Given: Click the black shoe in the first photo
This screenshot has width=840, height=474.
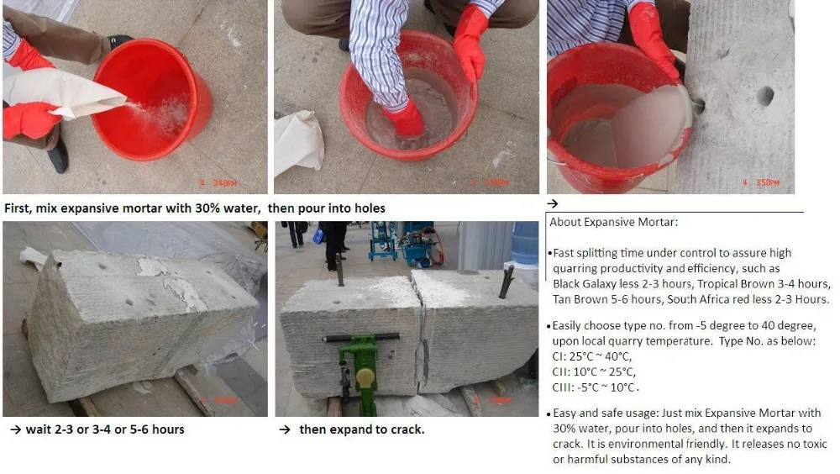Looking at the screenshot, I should pyautogui.click(x=57, y=156).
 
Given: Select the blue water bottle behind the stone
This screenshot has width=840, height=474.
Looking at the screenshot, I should pyautogui.click(x=524, y=245).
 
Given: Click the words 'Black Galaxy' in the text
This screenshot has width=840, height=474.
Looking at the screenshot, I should pyautogui.click(x=583, y=284).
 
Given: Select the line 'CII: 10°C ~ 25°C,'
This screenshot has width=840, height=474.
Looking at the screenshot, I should pyautogui.click(x=594, y=371).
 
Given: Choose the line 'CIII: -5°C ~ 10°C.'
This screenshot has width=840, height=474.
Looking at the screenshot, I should pyautogui.click(x=596, y=387).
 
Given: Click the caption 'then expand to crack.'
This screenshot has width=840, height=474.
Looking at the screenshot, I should pyautogui.click(x=361, y=429).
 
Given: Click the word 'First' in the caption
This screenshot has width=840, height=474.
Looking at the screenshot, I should pyautogui.click(x=20, y=207).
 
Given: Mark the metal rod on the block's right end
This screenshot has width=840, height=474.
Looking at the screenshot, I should pyautogui.click(x=506, y=282).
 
